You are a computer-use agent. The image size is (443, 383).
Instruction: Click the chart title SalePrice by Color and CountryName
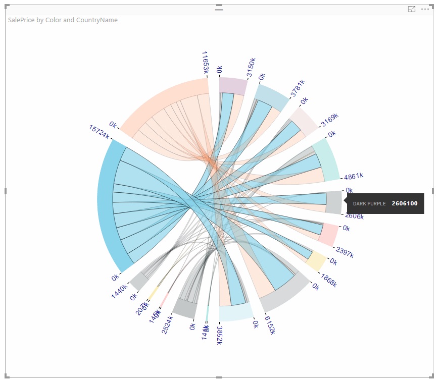[63, 20]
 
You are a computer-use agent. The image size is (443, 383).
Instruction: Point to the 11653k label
[205, 62]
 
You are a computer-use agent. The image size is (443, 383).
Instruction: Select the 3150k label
[251, 68]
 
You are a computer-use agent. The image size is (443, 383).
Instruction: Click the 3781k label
[298, 88]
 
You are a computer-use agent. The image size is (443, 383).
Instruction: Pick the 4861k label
[354, 177]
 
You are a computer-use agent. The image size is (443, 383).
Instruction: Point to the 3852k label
[220, 336]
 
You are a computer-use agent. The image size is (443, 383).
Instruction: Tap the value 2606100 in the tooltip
[405, 203]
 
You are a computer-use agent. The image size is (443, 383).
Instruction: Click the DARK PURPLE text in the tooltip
[369, 204]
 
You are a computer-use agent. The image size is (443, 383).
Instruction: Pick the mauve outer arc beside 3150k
[233, 86]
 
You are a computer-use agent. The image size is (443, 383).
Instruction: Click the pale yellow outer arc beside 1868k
[316, 260]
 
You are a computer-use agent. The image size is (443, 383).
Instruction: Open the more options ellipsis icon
[425, 9]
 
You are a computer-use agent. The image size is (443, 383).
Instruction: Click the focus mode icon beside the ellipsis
[412, 9]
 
